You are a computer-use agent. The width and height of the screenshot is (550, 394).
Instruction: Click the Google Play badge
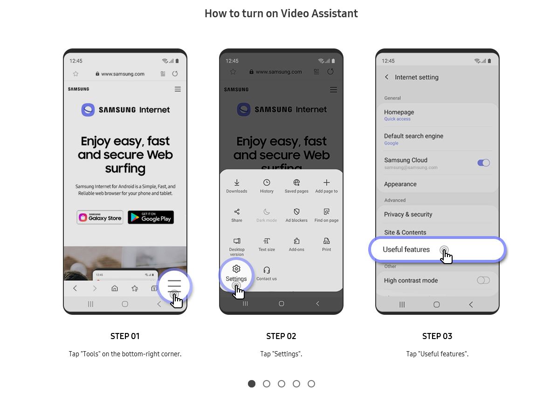(x=151, y=217)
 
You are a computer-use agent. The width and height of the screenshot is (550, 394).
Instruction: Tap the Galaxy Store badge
(x=100, y=217)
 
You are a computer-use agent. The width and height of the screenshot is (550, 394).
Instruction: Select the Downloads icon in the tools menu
(x=237, y=182)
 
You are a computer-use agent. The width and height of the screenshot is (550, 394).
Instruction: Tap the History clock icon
(x=267, y=182)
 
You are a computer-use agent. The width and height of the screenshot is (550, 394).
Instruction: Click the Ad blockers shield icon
(x=296, y=211)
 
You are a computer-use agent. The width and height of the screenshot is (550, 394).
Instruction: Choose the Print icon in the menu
(x=327, y=241)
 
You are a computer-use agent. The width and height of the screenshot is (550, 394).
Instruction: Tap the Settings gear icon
(x=236, y=269)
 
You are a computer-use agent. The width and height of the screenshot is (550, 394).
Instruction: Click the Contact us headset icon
(x=267, y=270)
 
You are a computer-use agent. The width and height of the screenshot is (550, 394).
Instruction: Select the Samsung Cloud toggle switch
(x=483, y=163)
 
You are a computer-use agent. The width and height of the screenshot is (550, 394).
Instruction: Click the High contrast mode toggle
(x=483, y=280)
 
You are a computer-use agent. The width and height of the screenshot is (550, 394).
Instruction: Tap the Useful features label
(x=406, y=250)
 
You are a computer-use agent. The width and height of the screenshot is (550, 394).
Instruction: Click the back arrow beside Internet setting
(x=386, y=77)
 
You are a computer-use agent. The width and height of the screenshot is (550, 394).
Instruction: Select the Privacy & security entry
(x=408, y=215)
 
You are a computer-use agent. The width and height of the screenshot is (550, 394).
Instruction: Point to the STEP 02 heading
(x=281, y=336)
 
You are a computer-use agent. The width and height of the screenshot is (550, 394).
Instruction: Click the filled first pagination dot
(x=252, y=384)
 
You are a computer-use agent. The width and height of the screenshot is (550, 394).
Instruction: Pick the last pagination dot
(x=311, y=384)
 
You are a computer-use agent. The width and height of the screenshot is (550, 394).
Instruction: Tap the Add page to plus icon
(x=327, y=182)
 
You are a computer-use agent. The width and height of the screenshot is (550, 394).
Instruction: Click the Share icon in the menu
(x=237, y=211)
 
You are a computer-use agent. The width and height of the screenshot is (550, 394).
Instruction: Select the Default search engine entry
(x=413, y=136)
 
